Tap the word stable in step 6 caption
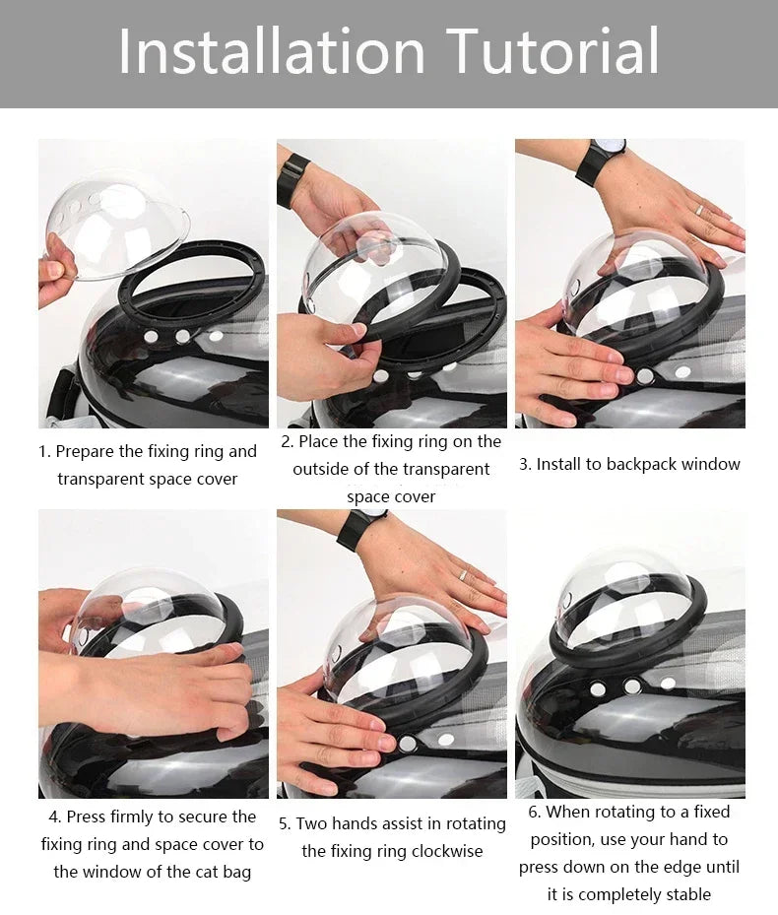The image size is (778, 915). pos(684,894)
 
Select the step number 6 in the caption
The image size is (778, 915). pos(533,813)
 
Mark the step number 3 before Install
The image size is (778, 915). pos(524,464)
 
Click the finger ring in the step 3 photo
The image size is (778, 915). pos(698,209)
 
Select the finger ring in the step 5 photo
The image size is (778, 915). pos(461,574)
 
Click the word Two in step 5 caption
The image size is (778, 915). pos(312,823)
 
